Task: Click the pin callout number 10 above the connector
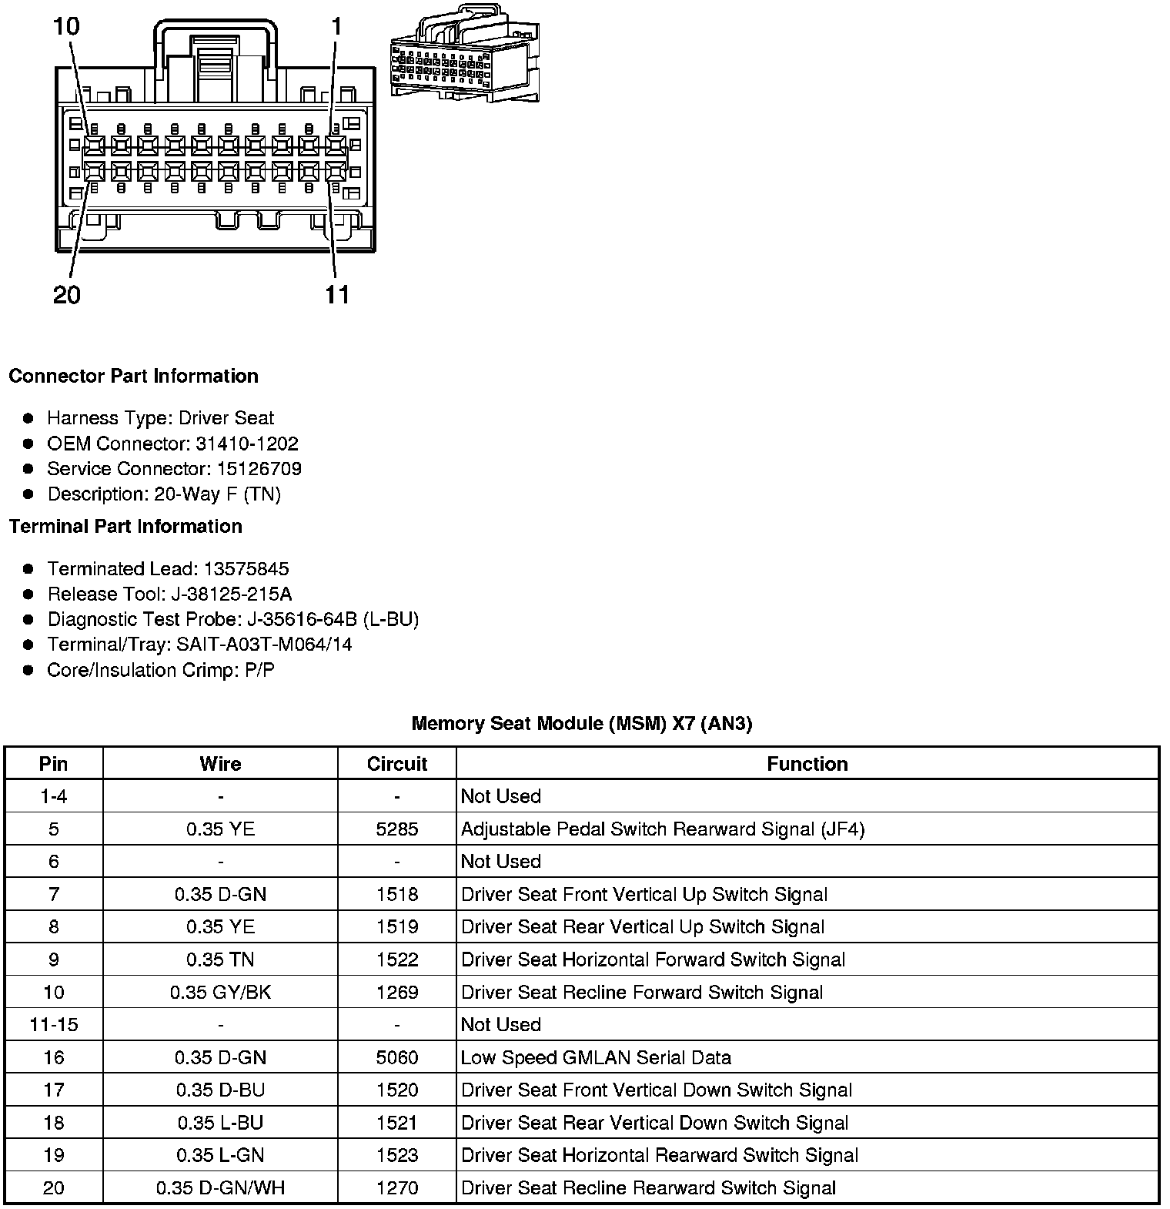[x=66, y=26]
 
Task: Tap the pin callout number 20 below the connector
[x=66, y=294]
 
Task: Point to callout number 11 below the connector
[x=337, y=294]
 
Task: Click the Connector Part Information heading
[x=133, y=376]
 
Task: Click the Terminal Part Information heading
[x=125, y=526]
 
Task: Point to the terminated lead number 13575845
[x=246, y=569]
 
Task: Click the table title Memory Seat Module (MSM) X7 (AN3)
[x=581, y=723]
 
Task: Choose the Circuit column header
[x=396, y=764]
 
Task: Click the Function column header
[x=807, y=764]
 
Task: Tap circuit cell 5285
[x=396, y=829]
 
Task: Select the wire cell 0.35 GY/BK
[x=220, y=992]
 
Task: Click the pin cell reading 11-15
[x=53, y=1025]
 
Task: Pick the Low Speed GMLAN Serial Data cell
[x=596, y=1057]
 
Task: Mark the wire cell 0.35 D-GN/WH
[x=220, y=1187]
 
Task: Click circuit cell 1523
[x=396, y=1155]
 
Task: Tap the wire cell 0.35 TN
[x=220, y=959]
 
